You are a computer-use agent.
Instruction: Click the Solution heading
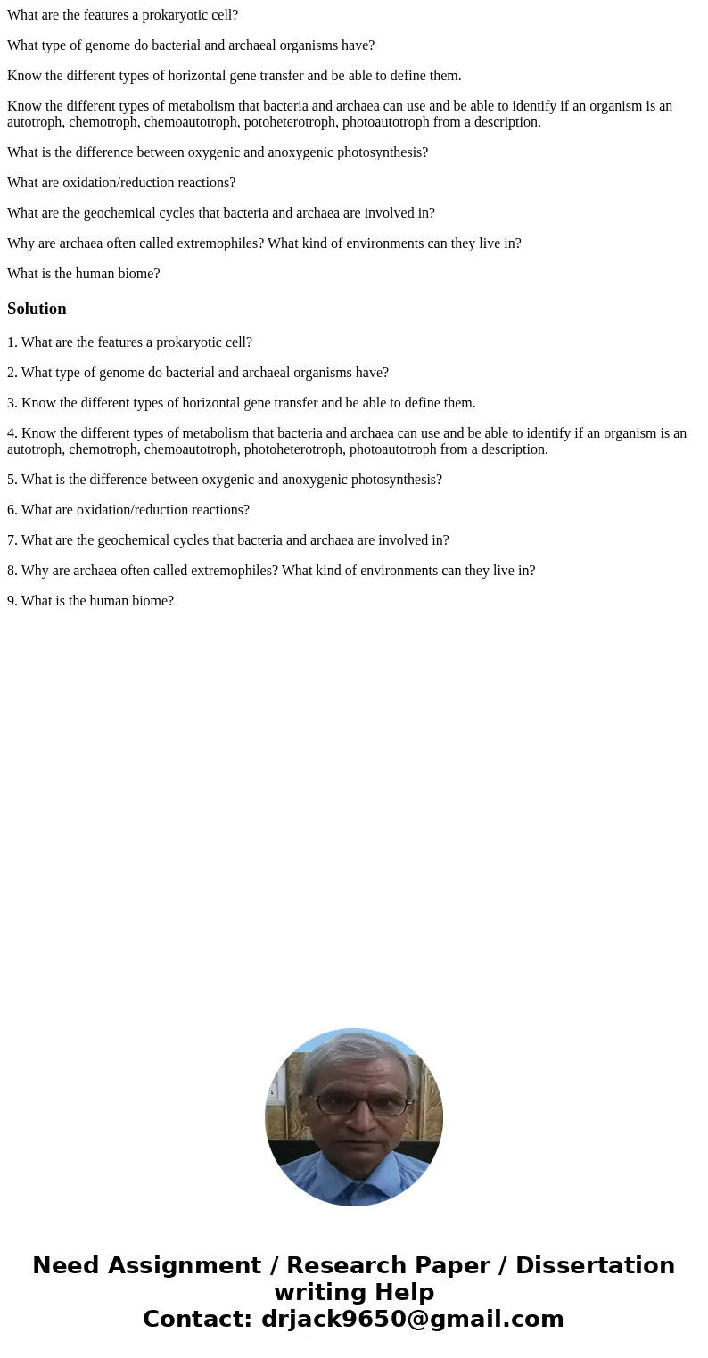tap(37, 309)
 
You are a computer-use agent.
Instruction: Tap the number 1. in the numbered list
tap(12, 342)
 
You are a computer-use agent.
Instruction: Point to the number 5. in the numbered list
tap(12, 480)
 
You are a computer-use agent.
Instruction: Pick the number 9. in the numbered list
tap(12, 601)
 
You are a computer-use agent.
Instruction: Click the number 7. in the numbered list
tap(12, 540)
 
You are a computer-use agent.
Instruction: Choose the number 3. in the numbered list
tap(12, 403)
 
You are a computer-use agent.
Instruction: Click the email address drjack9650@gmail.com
tap(412, 1320)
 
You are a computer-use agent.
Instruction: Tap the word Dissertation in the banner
tap(595, 1266)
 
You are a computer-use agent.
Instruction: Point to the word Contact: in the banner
tap(198, 1320)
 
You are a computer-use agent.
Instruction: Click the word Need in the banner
tap(64, 1266)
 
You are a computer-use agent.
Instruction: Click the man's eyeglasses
tap(364, 1105)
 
